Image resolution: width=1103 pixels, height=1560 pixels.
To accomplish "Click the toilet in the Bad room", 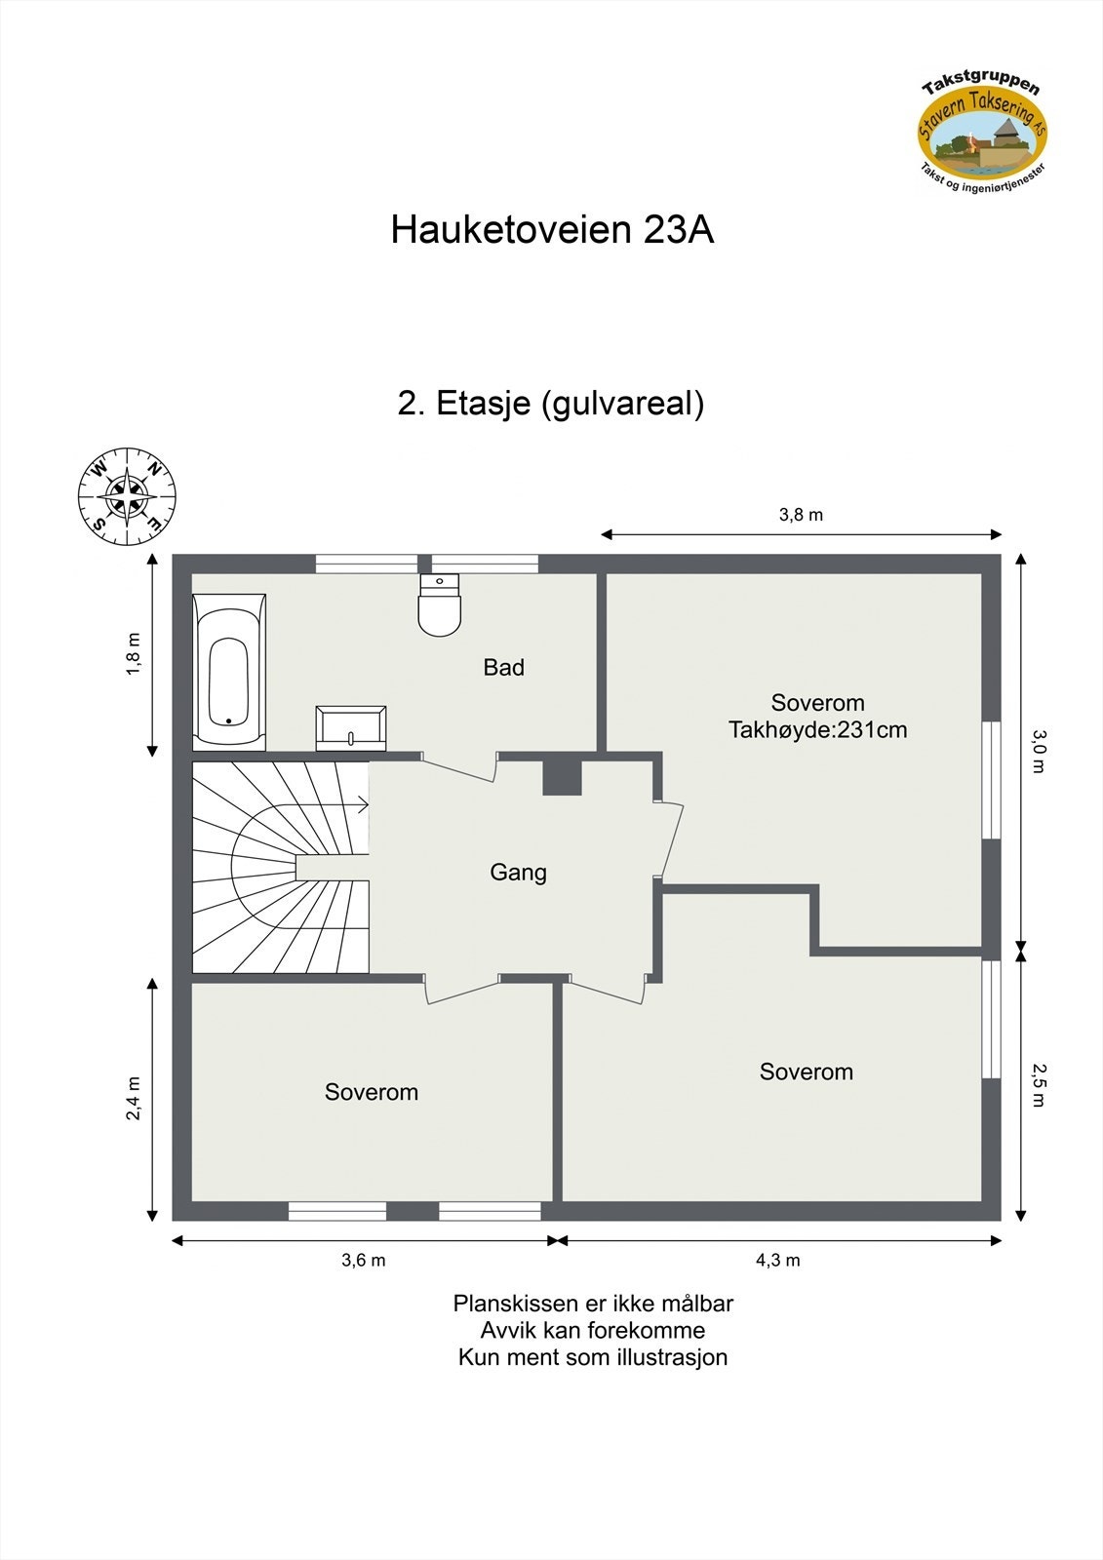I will click(x=439, y=604).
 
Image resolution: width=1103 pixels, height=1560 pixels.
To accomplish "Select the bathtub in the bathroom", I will click(x=229, y=672).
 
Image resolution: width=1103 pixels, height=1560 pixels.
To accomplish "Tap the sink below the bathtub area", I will click(x=350, y=727).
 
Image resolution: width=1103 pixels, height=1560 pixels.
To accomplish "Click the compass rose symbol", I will click(x=127, y=496).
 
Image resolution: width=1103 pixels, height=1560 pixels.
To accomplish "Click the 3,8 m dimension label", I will click(x=801, y=515).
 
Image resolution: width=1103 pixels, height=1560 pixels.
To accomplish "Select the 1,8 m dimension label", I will click(x=134, y=653).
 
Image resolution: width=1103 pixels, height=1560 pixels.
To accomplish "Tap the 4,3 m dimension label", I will click(x=777, y=1260).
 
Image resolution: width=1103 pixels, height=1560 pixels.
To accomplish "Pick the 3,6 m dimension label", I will click(x=363, y=1260).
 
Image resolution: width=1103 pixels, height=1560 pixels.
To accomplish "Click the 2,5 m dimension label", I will click(x=1038, y=1085).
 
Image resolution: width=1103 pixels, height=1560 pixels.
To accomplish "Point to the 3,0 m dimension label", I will click(x=1038, y=751).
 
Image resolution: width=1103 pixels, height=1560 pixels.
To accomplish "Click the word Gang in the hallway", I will click(x=518, y=872).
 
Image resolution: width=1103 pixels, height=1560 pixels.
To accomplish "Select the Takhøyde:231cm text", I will click(x=817, y=729).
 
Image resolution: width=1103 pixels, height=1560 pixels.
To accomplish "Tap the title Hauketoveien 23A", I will click(x=552, y=230).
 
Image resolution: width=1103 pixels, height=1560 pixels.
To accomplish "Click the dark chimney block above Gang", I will click(x=562, y=776).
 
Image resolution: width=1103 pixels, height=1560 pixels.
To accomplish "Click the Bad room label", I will click(x=503, y=668).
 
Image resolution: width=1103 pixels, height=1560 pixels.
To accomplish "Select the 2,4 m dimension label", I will click(x=134, y=1098).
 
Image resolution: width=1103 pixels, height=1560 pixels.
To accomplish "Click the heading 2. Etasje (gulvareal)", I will click(x=551, y=403).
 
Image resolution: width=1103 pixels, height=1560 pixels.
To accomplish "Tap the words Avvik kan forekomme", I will click(x=592, y=1330).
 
